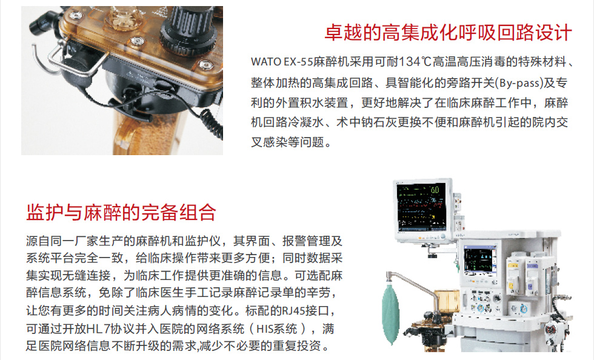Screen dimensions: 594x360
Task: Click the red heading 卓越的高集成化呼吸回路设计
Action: tap(448, 33)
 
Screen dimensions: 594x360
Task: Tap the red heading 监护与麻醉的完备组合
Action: tap(121, 212)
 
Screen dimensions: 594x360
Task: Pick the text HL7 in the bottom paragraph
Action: tap(98, 328)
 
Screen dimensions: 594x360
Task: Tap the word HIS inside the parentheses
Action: tap(265, 328)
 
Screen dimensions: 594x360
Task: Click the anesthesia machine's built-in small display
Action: tap(480, 261)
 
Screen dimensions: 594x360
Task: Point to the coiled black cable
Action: tap(210, 125)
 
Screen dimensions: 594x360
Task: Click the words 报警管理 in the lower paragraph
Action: tap(306, 241)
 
